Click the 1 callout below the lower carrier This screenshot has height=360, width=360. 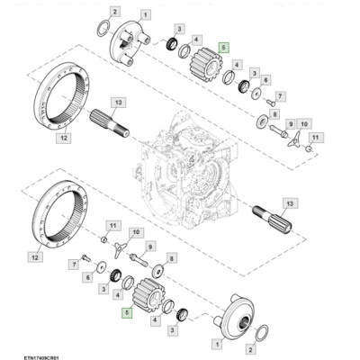tap(214, 344)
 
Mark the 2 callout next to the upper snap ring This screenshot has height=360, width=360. tap(114, 11)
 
